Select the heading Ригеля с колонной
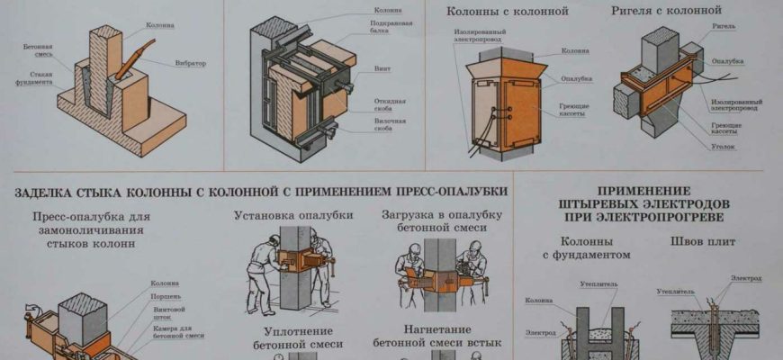coord(678,11)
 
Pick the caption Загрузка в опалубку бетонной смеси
coord(435,222)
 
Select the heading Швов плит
coord(696,242)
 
